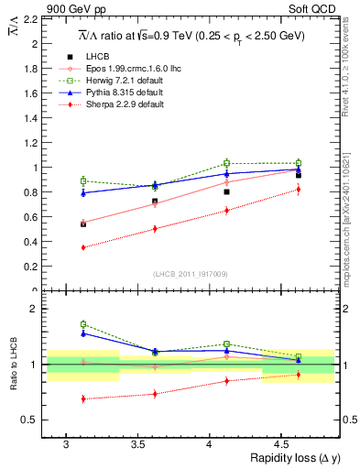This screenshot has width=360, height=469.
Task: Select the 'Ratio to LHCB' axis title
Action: (x=12, y=364)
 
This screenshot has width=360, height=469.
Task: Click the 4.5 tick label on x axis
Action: (x=300, y=443)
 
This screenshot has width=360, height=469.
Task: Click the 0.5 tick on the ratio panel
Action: (x=33, y=420)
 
